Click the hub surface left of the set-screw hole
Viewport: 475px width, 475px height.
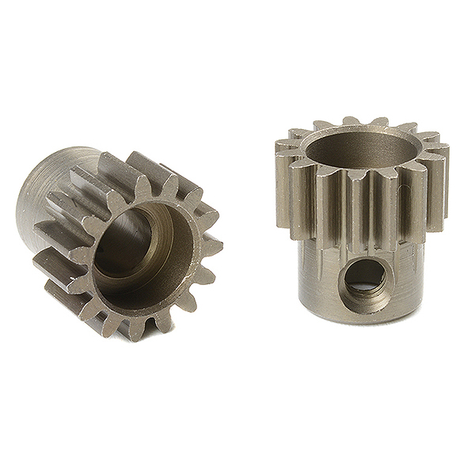tap(313, 277)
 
